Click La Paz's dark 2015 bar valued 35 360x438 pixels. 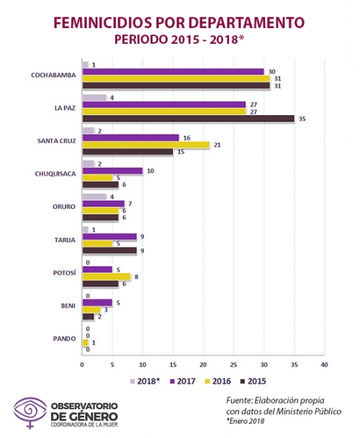[x=188, y=119]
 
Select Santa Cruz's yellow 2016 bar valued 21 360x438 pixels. [x=145, y=145]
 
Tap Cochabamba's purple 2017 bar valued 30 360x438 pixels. [x=173, y=72]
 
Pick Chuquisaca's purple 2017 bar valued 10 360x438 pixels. [x=112, y=170]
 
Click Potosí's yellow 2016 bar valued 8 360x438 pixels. [x=107, y=277]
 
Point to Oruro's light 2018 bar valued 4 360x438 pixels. [x=94, y=196]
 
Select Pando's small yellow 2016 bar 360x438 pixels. [x=85, y=342]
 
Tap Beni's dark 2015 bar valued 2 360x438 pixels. [x=89, y=316]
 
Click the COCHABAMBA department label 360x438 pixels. [x=53, y=76]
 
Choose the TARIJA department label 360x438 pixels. [x=65, y=240]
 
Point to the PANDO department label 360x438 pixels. [x=64, y=339]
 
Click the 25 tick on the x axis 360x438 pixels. [x=233, y=365]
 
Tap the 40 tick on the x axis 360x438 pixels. [x=324, y=365]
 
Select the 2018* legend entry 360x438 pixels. [x=145, y=381]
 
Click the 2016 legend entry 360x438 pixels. [x=217, y=381]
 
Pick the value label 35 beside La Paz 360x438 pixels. [x=302, y=119]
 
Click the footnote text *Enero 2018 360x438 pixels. [x=245, y=421]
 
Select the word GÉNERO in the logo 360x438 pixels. [x=93, y=416]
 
